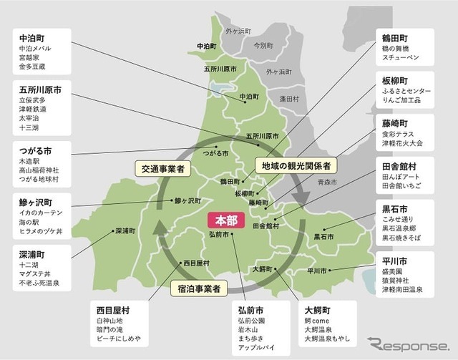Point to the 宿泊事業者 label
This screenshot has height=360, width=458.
coord(198,289)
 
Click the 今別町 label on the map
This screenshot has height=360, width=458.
coord(263,44)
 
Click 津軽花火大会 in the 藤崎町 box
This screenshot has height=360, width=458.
coord(404,142)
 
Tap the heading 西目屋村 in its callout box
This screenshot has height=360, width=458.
coord(110,311)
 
